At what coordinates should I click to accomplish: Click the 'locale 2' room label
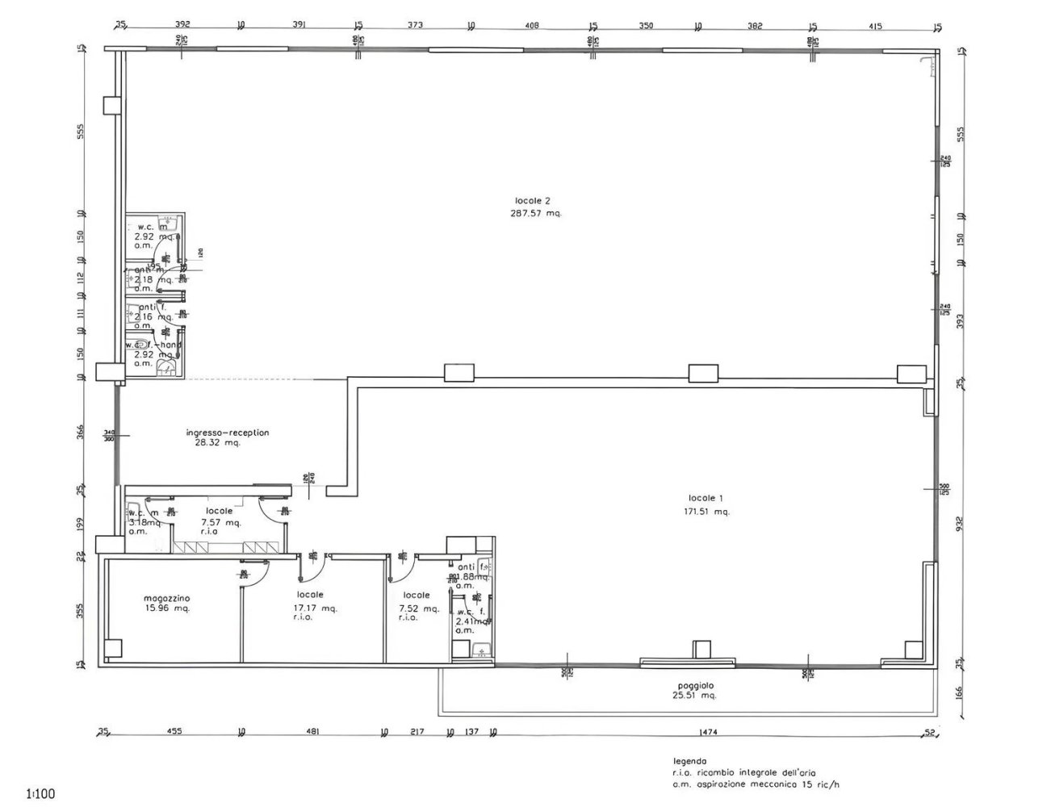click(532, 200)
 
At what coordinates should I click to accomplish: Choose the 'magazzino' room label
click(167, 597)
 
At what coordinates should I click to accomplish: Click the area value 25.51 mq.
click(696, 695)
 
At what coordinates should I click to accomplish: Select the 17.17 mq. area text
click(315, 608)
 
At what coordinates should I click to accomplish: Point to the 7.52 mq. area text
click(419, 608)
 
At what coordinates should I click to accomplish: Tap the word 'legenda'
click(689, 761)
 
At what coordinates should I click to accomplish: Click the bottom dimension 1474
click(708, 732)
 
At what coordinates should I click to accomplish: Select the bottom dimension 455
click(174, 732)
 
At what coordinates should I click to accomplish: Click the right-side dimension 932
click(960, 522)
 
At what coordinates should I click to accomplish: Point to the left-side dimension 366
click(80, 432)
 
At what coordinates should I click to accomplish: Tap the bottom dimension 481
click(312, 732)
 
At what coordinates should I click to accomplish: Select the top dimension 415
click(875, 25)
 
